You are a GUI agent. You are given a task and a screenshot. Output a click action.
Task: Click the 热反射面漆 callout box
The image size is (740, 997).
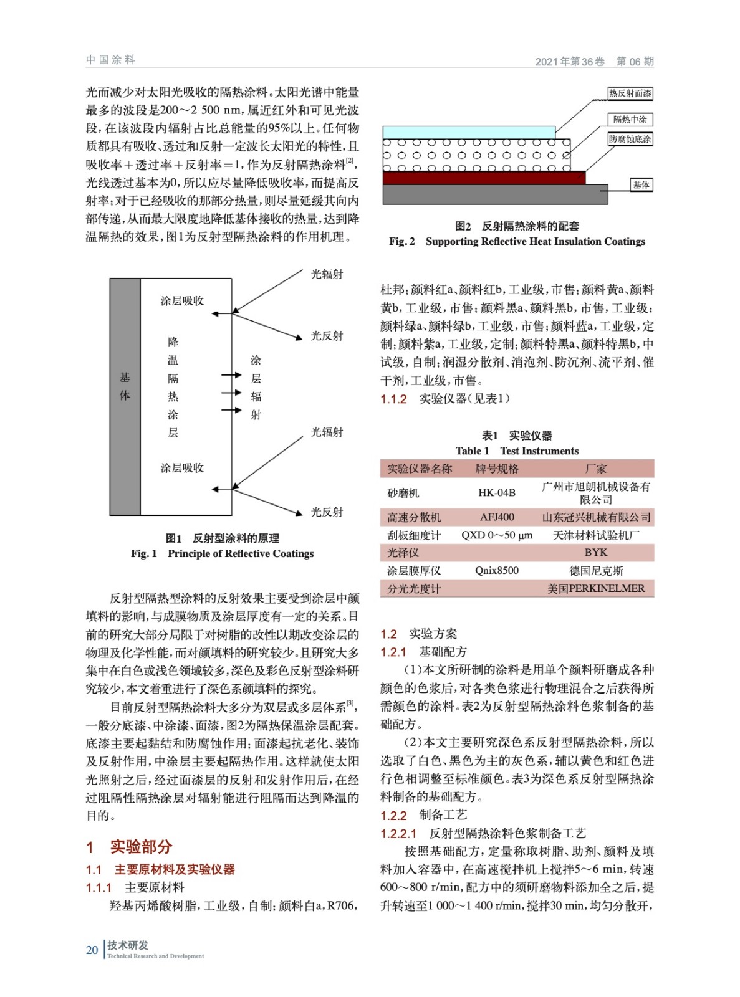pos(630,93)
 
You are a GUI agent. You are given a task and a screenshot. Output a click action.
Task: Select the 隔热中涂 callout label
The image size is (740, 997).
pos(630,119)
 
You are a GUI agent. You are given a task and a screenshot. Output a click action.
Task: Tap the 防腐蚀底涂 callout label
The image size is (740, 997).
pos(630,139)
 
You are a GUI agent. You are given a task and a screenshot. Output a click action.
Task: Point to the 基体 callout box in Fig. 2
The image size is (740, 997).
pos(641,184)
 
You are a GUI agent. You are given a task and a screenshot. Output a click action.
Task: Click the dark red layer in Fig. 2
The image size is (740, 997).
pos(483,178)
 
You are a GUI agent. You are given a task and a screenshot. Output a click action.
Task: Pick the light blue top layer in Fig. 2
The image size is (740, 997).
pos(468,132)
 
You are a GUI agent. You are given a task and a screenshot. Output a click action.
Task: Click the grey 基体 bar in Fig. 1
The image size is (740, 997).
pos(125,396)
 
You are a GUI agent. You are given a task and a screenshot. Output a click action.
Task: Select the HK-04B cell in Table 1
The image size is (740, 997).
pos(497,493)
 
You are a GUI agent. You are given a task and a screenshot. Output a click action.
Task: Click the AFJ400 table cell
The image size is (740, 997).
pos(497,517)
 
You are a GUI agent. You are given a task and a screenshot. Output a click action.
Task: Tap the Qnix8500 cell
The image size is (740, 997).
pos(497,570)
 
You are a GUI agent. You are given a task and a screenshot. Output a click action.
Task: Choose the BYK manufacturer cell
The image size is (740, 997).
pos(596,552)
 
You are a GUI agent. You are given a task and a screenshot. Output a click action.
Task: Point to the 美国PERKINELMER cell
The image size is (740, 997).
pos(596,588)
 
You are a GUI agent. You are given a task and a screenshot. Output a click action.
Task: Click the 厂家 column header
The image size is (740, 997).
pos(596,469)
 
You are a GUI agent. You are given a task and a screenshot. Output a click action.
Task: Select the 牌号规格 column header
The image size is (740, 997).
pos(497,469)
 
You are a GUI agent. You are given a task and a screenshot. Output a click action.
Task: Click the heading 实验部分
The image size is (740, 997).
pos(141,847)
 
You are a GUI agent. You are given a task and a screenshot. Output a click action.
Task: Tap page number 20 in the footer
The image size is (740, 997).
pos(92,950)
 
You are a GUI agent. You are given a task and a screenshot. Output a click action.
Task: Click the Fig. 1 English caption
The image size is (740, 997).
pos(222,553)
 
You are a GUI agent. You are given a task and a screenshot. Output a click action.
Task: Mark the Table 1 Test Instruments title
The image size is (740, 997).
pos(517,451)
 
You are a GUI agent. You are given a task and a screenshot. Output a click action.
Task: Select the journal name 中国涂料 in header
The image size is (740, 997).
pos(111,60)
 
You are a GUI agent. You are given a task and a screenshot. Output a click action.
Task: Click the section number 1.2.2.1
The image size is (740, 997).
pos(398,833)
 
